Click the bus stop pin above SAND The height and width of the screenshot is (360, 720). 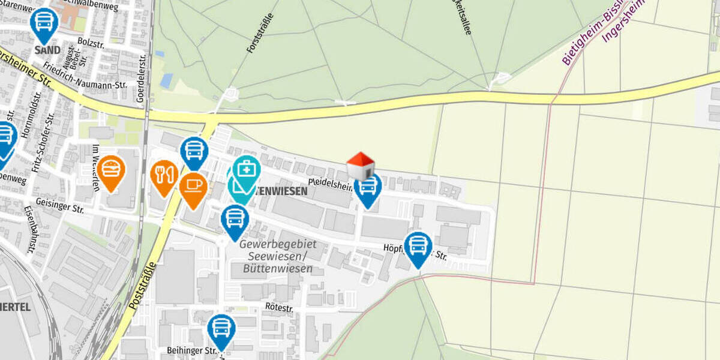[43, 23]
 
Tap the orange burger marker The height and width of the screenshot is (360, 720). [111, 170]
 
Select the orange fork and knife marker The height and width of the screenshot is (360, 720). [164, 175]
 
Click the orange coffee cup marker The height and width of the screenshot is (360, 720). [193, 187]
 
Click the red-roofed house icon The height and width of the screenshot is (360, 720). [360, 166]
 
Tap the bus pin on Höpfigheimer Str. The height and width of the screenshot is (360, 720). [418, 247]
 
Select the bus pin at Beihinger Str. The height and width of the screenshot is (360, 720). [221, 329]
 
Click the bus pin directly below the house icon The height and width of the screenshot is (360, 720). [368, 188]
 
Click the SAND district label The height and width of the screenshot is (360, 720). [47, 50]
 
